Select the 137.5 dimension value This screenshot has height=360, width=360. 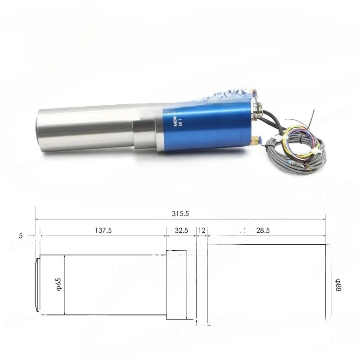(103, 230)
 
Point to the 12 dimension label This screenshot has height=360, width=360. (201, 230)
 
